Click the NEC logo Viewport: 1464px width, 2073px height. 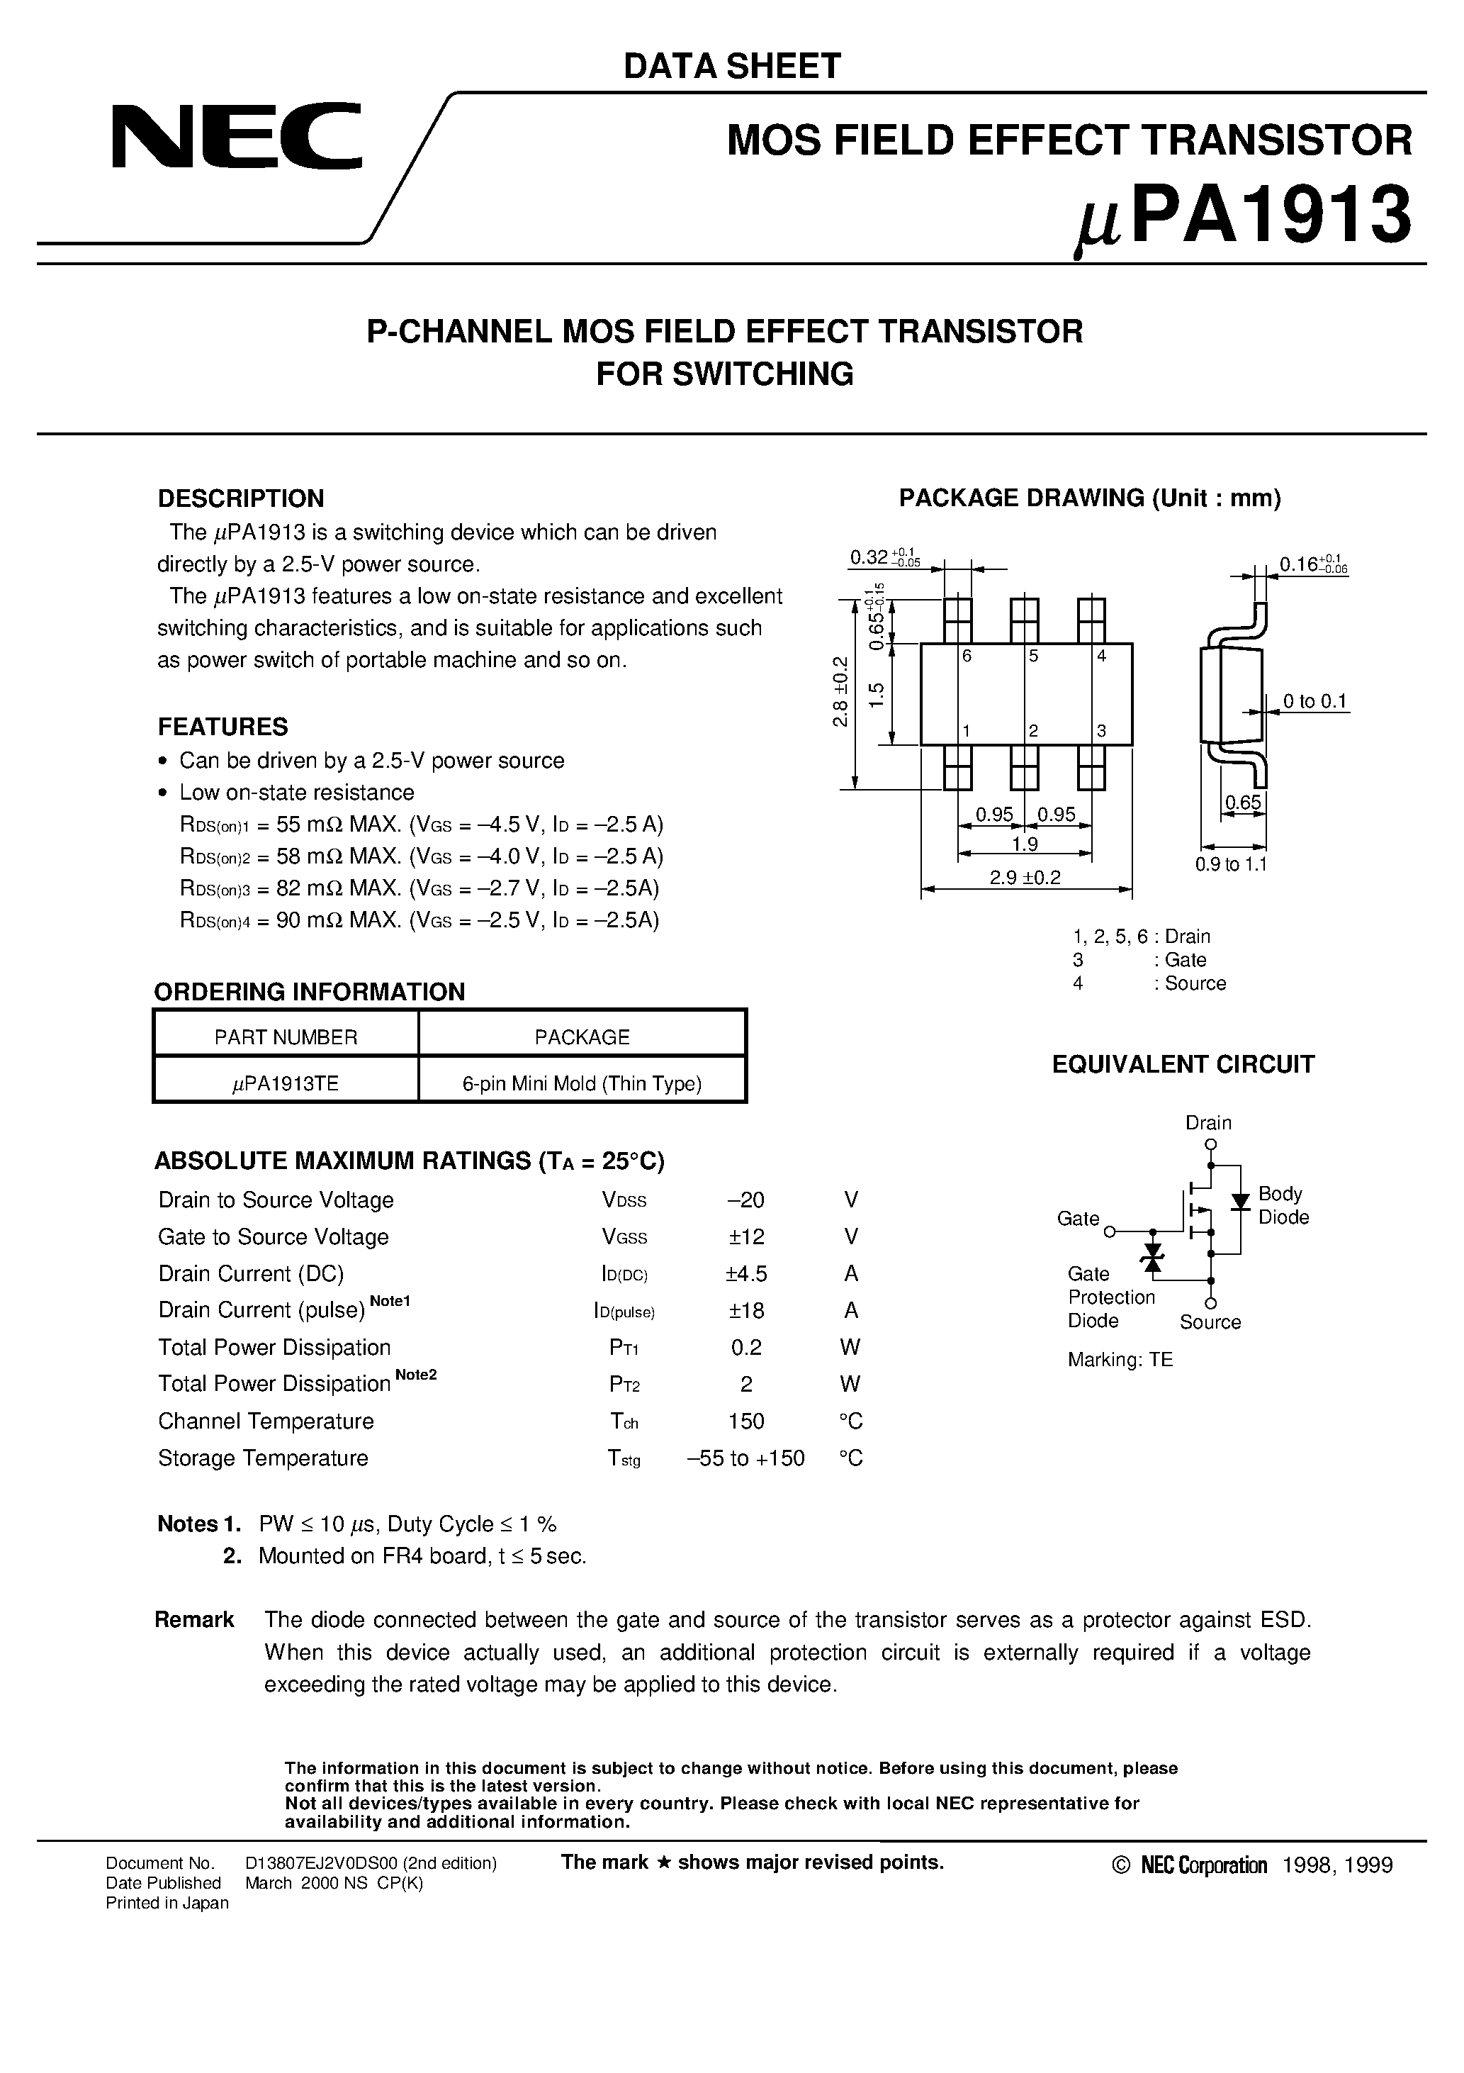[237, 138]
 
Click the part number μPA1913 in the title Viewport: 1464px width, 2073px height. [1243, 218]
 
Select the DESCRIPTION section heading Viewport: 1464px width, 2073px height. [240, 498]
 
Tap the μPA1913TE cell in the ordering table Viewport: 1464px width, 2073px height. [286, 1083]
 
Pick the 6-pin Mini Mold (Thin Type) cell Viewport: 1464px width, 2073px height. [582, 1083]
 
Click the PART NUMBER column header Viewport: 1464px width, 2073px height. [286, 1037]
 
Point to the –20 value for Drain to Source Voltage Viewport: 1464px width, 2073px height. [745, 1200]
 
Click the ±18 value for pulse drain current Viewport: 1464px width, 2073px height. [745, 1310]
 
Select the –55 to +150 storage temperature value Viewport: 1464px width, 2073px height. [745, 1458]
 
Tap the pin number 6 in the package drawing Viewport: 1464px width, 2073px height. [967, 656]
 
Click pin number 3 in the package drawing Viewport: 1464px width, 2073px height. [1101, 732]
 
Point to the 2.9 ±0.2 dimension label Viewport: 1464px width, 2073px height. [1025, 877]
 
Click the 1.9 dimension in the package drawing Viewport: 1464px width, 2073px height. [1025, 844]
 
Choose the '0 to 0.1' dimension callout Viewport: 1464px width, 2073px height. [1315, 702]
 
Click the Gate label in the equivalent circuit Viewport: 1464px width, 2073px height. [1078, 1219]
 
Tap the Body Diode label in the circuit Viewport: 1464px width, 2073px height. [1283, 1205]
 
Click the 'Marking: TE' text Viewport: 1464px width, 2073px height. [1120, 1360]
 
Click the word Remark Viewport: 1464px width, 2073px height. [194, 1620]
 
